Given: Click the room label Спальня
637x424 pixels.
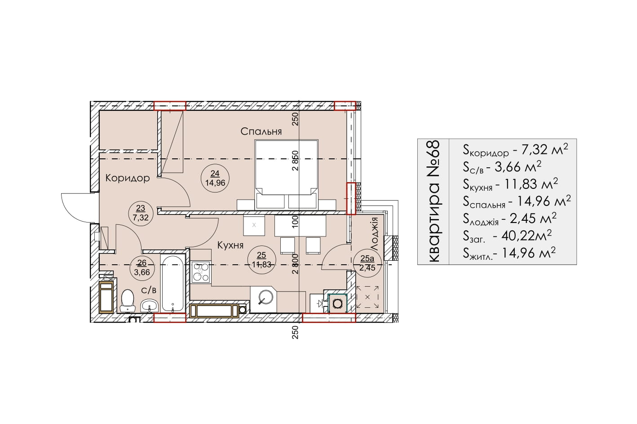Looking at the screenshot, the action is (x=261, y=131).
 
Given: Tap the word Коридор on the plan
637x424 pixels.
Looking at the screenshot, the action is (x=128, y=178).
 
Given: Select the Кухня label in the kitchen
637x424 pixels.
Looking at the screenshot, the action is (x=230, y=245).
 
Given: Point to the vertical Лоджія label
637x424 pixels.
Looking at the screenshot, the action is (x=375, y=234).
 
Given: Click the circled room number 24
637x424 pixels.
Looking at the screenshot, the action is (x=215, y=173).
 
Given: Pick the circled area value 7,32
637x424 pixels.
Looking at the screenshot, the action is (x=141, y=218).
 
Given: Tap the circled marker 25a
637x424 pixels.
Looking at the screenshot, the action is (x=367, y=258).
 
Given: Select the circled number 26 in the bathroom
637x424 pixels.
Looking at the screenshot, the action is (x=142, y=263).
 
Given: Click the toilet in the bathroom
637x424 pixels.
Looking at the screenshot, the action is (x=128, y=301).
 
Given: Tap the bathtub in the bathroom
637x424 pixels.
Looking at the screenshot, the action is (x=173, y=283).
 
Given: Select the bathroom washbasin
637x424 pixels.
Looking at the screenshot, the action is (x=149, y=306).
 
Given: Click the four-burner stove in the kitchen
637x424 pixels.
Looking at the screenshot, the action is (x=201, y=272).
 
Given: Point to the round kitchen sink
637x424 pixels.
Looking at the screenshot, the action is (x=266, y=297).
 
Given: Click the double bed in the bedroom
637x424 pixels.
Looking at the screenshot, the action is (x=286, y=175).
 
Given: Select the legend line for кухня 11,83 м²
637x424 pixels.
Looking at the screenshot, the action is (x=510, y=184).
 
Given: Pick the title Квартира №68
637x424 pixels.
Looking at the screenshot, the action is (x=434, y=201).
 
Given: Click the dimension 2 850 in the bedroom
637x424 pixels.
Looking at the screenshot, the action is (x=296, y=161).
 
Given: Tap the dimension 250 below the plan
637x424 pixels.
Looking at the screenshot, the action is (x=296, y=332).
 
